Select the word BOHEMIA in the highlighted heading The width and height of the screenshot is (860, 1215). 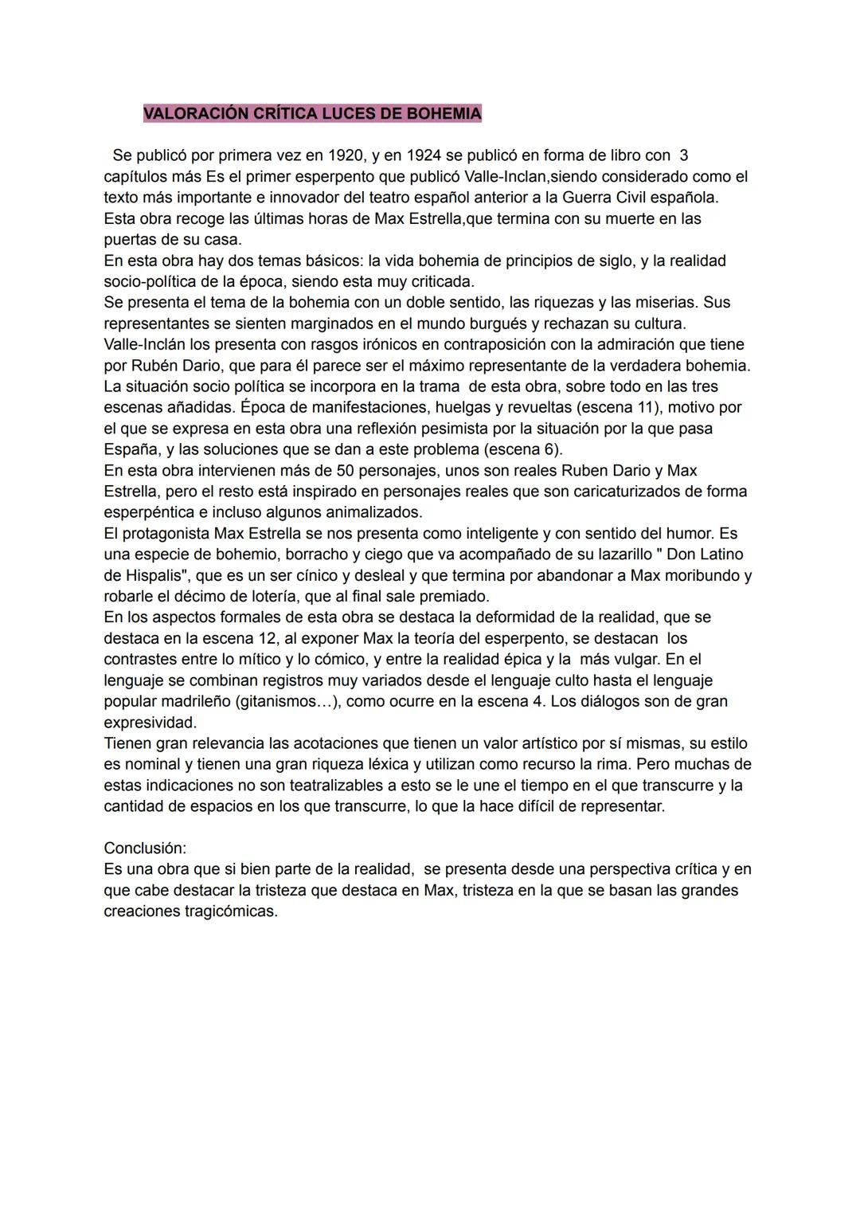coord(444,114)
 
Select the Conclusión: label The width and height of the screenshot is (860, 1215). coord(145,849)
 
